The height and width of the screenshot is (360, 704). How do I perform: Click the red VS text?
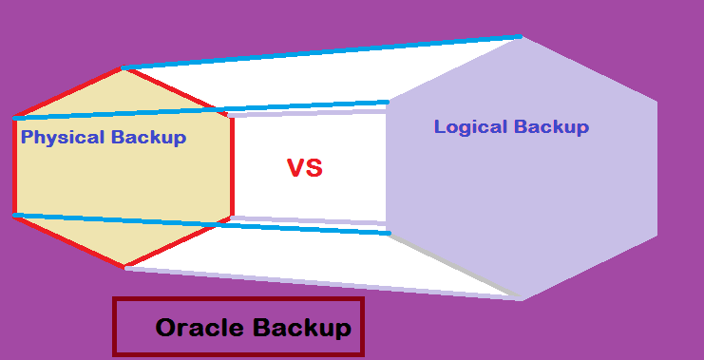305,169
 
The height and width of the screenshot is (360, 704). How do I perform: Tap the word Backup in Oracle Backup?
301,329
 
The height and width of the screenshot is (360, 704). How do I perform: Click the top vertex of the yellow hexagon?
123,67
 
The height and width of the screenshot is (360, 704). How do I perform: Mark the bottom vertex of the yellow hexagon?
124,267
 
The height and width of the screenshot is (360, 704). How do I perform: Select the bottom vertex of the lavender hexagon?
521,299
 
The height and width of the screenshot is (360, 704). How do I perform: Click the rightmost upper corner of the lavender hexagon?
656,99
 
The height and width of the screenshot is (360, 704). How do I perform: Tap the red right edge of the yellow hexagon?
232,166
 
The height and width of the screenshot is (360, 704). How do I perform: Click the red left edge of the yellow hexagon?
14,166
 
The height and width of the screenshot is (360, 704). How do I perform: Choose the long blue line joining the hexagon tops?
323,52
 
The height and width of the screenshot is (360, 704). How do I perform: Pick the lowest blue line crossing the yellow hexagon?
124,221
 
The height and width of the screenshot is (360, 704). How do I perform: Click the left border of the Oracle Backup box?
114,328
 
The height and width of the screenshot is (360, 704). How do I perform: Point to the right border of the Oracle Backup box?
363,328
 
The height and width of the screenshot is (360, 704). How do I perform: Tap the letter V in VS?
295,169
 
